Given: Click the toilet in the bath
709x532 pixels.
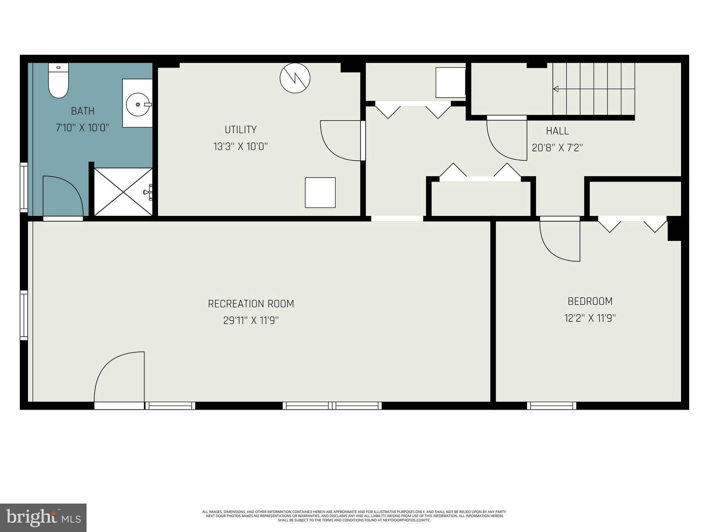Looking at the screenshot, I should click(x=58, y=80).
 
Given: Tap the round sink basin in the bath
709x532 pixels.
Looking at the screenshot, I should click(x=138, y=104).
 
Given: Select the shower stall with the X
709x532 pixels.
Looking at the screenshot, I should click(x=123, y=192).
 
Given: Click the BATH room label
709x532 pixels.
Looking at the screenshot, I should click(x=83, y=111).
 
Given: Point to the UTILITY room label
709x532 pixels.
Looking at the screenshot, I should click(x=241, y=130).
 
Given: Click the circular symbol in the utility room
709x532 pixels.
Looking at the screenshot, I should click(x=295, y=78).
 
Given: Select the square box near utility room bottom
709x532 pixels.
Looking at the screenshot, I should click(x=320, y=193).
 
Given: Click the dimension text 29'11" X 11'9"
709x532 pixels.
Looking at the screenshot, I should click(x=251, y=320).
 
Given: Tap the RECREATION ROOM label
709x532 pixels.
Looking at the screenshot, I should click(x=251, y=304).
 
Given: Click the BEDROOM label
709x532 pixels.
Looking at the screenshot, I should click(x=590, y=301).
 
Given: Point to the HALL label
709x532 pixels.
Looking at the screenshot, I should click(x=557, y=131).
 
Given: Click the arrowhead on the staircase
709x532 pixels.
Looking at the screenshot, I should click(x=556, y=89).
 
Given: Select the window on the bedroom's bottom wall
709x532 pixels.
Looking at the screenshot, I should click(x=551, y=406).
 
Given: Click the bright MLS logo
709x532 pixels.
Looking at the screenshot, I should click(x=43, y=518).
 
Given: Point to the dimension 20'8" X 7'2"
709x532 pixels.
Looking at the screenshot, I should click(x=557, y=148).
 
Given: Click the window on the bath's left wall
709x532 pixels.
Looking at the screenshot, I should click(x=24, y=187).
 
